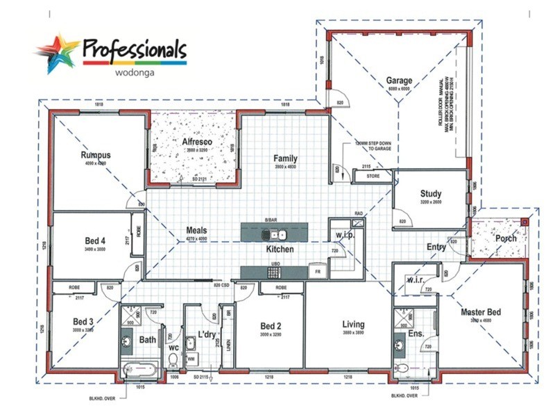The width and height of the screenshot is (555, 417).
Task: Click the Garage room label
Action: click(x=399, y=81)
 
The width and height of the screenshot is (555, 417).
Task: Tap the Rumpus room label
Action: click(x=96, y=154)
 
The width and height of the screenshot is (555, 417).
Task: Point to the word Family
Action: click(x=285, y=159)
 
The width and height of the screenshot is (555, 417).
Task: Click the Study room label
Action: click(x=431, y=194)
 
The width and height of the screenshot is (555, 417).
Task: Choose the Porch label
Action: click(x=505, y=238)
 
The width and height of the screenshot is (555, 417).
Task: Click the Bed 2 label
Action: click(x=271, y=325)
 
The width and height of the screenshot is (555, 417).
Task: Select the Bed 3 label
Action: click(x=83, y=322)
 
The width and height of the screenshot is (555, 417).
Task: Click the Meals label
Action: click(x=196, y=231)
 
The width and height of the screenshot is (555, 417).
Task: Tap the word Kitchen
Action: click(x=280, y=249)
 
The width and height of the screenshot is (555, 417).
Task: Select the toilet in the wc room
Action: click(x=173, y=359)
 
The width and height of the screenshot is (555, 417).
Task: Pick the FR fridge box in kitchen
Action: click(x=316, y=272)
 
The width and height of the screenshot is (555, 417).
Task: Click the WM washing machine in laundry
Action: click(x=191, y=359)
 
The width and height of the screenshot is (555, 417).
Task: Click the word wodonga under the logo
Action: click(x=133, y=70)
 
